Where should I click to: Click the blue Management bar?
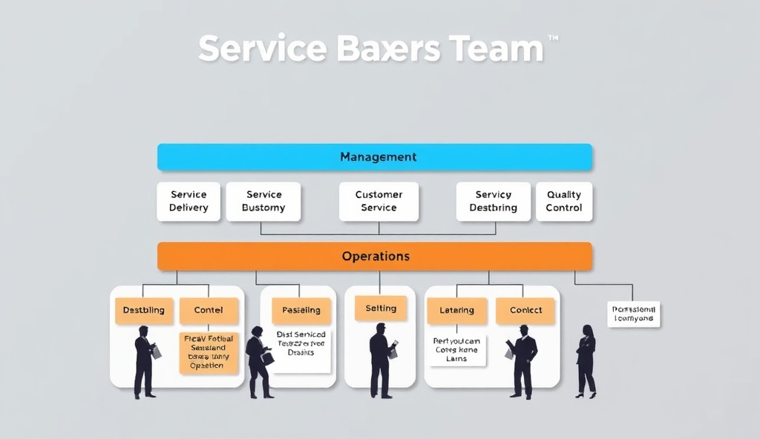(375, 157)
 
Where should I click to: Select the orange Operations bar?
(375, 256)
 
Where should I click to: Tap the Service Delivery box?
(189, 201)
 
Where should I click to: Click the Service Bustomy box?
(263, 201)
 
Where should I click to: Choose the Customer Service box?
(379, 201)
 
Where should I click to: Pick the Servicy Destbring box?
(493, 201)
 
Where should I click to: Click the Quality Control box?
(564, 201)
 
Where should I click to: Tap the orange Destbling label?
(144, 311)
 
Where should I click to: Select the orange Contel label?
(209, 311)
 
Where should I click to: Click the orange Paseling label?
(301, 311)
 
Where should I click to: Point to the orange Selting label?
(381, 308)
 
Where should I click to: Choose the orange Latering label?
(456, 311)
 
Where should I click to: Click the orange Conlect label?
(525, 311)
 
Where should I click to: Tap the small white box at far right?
(633, 314)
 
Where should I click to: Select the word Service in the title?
(262, 49)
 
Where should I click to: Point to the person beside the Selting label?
(381, 360)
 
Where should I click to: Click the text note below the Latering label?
(456, 349)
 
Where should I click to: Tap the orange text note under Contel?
(209, 352)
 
